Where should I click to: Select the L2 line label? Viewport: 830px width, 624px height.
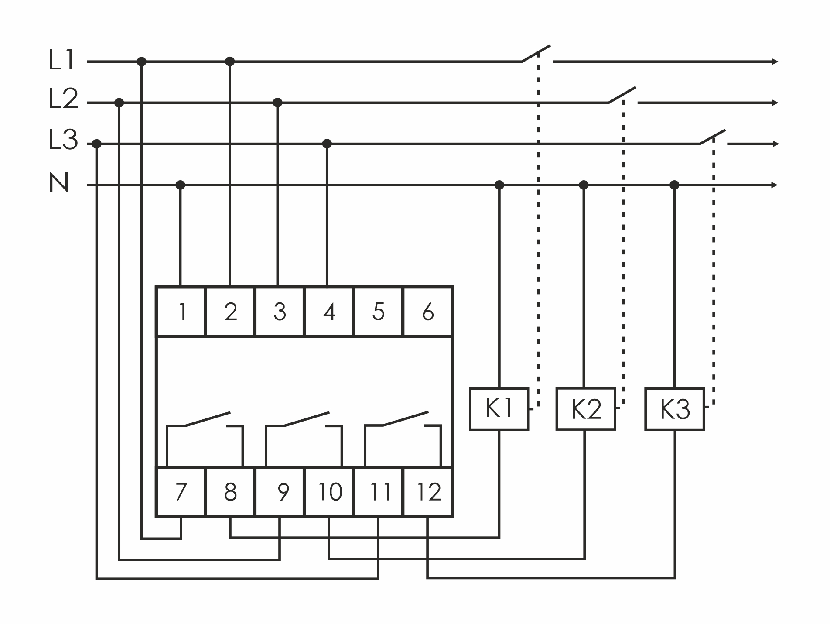pyautogui.click(x=63, y=99)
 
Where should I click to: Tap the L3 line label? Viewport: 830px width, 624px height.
pyautogui.click(x=63, y=141)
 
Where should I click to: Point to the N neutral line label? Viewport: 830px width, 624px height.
pyautogui.click(x=59, y=183)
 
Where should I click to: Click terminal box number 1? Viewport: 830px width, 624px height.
pyautogui.click(x=181, y=312)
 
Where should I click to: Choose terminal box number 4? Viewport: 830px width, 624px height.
pyautogui.click(x=329, y=312)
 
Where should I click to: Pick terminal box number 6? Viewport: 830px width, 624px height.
pyautogui.click(x=428, y=312)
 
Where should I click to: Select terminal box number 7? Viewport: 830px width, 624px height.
pyautogui.click(x=181, y=492)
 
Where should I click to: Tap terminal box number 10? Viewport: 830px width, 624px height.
pyautogui.click(x=329, y=492)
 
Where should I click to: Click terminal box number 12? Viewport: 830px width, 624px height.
pyautogui.click(x=428, y=492)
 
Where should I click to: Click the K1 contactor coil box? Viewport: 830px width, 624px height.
pyautogui.click(x=499, y=409)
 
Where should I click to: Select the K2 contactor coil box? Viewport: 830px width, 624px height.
pyautogui.click(x=585, y=409)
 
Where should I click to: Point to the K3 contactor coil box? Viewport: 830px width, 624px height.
pyautogui.click(x=674, y=409)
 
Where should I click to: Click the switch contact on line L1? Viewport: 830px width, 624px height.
pyautogui.click(x=536, y=54)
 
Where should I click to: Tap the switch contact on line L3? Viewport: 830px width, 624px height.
pyautogui.click(x=713, y=137)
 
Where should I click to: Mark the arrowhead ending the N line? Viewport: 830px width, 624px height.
pyautogui.click(x=775, y=185)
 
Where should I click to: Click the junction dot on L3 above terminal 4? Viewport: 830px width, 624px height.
pyautogui.click(x=327, y=144)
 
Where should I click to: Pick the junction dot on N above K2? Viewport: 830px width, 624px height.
pyautogui.click(x=584, y=185)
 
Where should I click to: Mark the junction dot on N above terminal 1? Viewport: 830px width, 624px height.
pyautogui.click(x=180, y=185)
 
